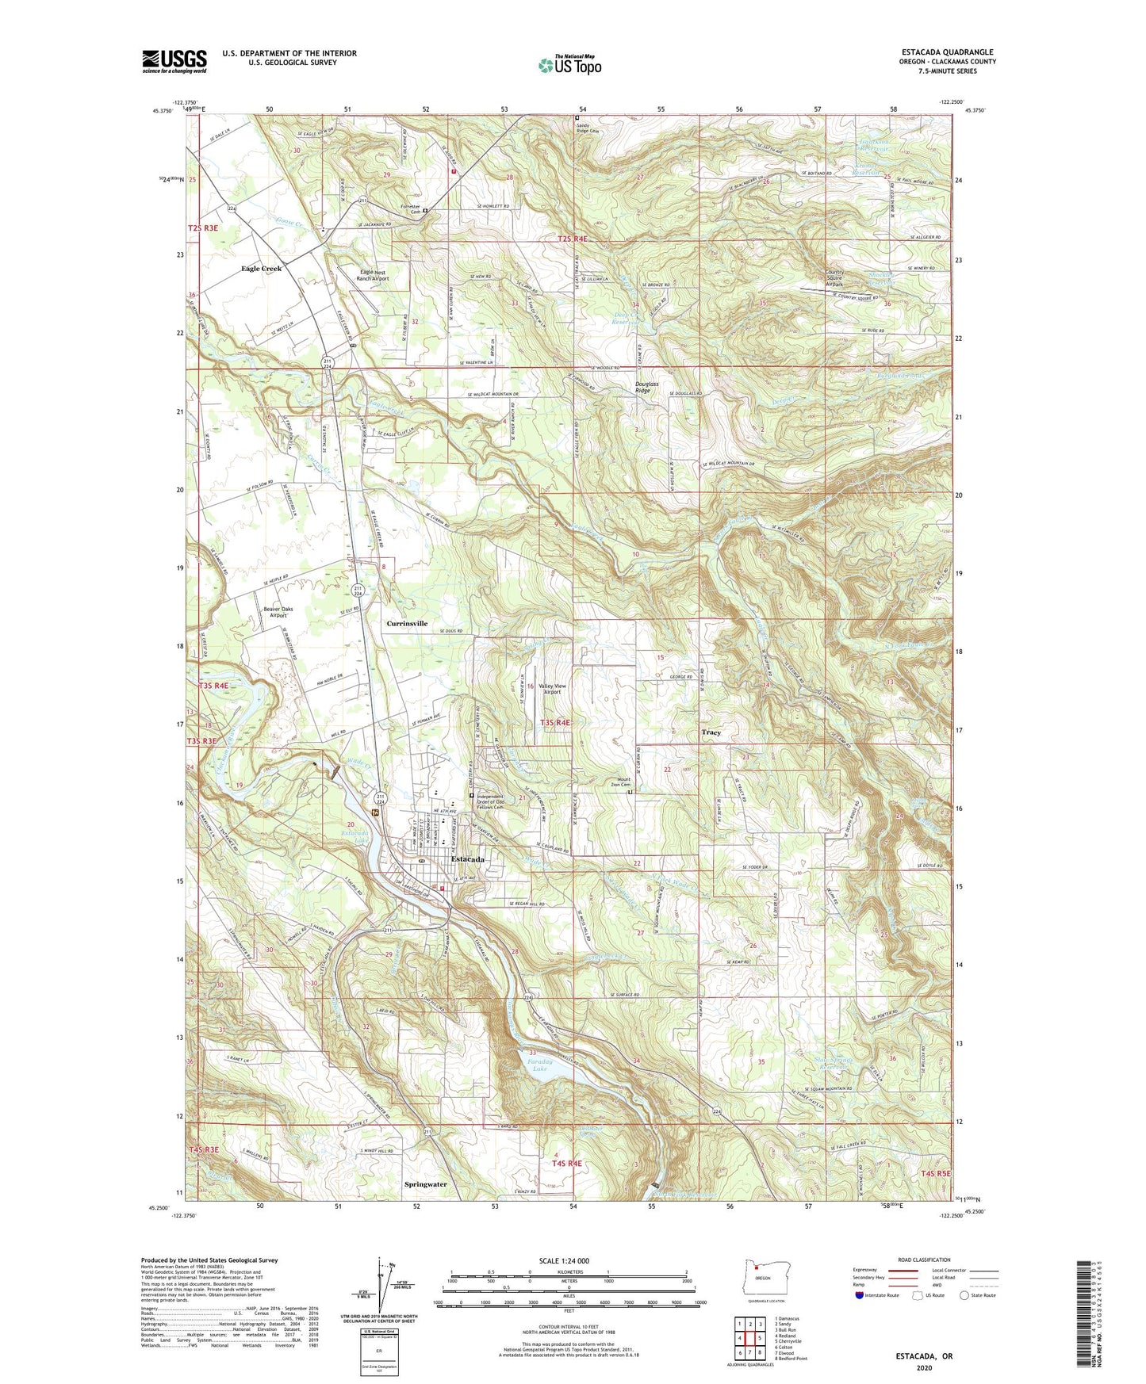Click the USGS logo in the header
(174, 61)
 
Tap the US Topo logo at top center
(569, 65)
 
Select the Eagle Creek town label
(262, 269)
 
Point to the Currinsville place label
(407, 624)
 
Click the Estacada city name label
(467, 859)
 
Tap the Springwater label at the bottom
(426, 1184)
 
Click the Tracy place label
(711, 732)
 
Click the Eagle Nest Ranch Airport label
(373, 275)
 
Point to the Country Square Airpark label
(834, 278)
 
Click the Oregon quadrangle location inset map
(761, 1278)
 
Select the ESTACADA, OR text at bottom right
(924, 1356)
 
